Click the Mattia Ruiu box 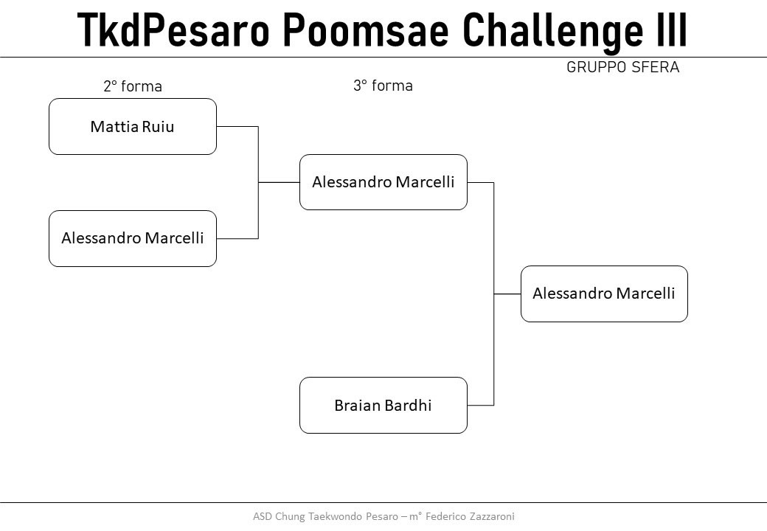click(x=133, y=127)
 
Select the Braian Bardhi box click(x=383, y=406)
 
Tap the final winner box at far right click(x=604, y=294)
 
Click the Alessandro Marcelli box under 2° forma click(x=133, y=239)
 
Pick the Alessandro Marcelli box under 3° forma click(x=383, y=182)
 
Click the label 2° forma click(x=133, y=86)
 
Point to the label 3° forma click(x=383, y=86)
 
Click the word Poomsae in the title click(x=366, y=29)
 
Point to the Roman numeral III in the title click(x=672, y=29)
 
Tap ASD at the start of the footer click(x=263, y=516)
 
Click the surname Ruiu click(x=158, y=127)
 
